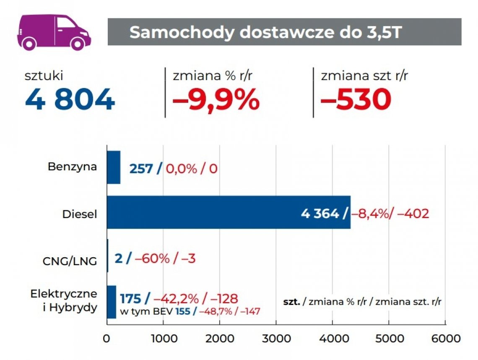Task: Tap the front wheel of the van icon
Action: click(x=77, y=43)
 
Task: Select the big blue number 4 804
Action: click(x=70, y=100)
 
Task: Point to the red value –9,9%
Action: click(x=216, y=100)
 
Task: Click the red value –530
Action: click(x=356, y=100)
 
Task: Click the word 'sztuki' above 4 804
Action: click(x=44, y=76)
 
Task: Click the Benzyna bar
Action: click(x=113, y=167)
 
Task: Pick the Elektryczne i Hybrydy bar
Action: click(x=111, y=302)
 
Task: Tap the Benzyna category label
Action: click(x=72, y=167)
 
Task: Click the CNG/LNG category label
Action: click(x=70, y=261)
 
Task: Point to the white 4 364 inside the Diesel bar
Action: click(x=320, y=214)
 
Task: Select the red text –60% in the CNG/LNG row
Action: click(x=153, y=258)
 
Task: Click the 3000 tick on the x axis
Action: click(x=276, y=339)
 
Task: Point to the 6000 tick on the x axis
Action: click(x=445, y=339)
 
